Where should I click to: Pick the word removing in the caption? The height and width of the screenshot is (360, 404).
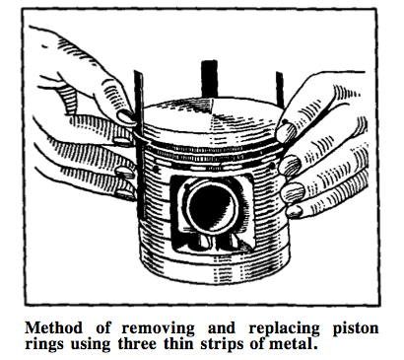pyautogui.click(x=149, y=324)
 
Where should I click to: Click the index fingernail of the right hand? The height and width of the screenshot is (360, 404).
pyautogui.click(x=285, y=132)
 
